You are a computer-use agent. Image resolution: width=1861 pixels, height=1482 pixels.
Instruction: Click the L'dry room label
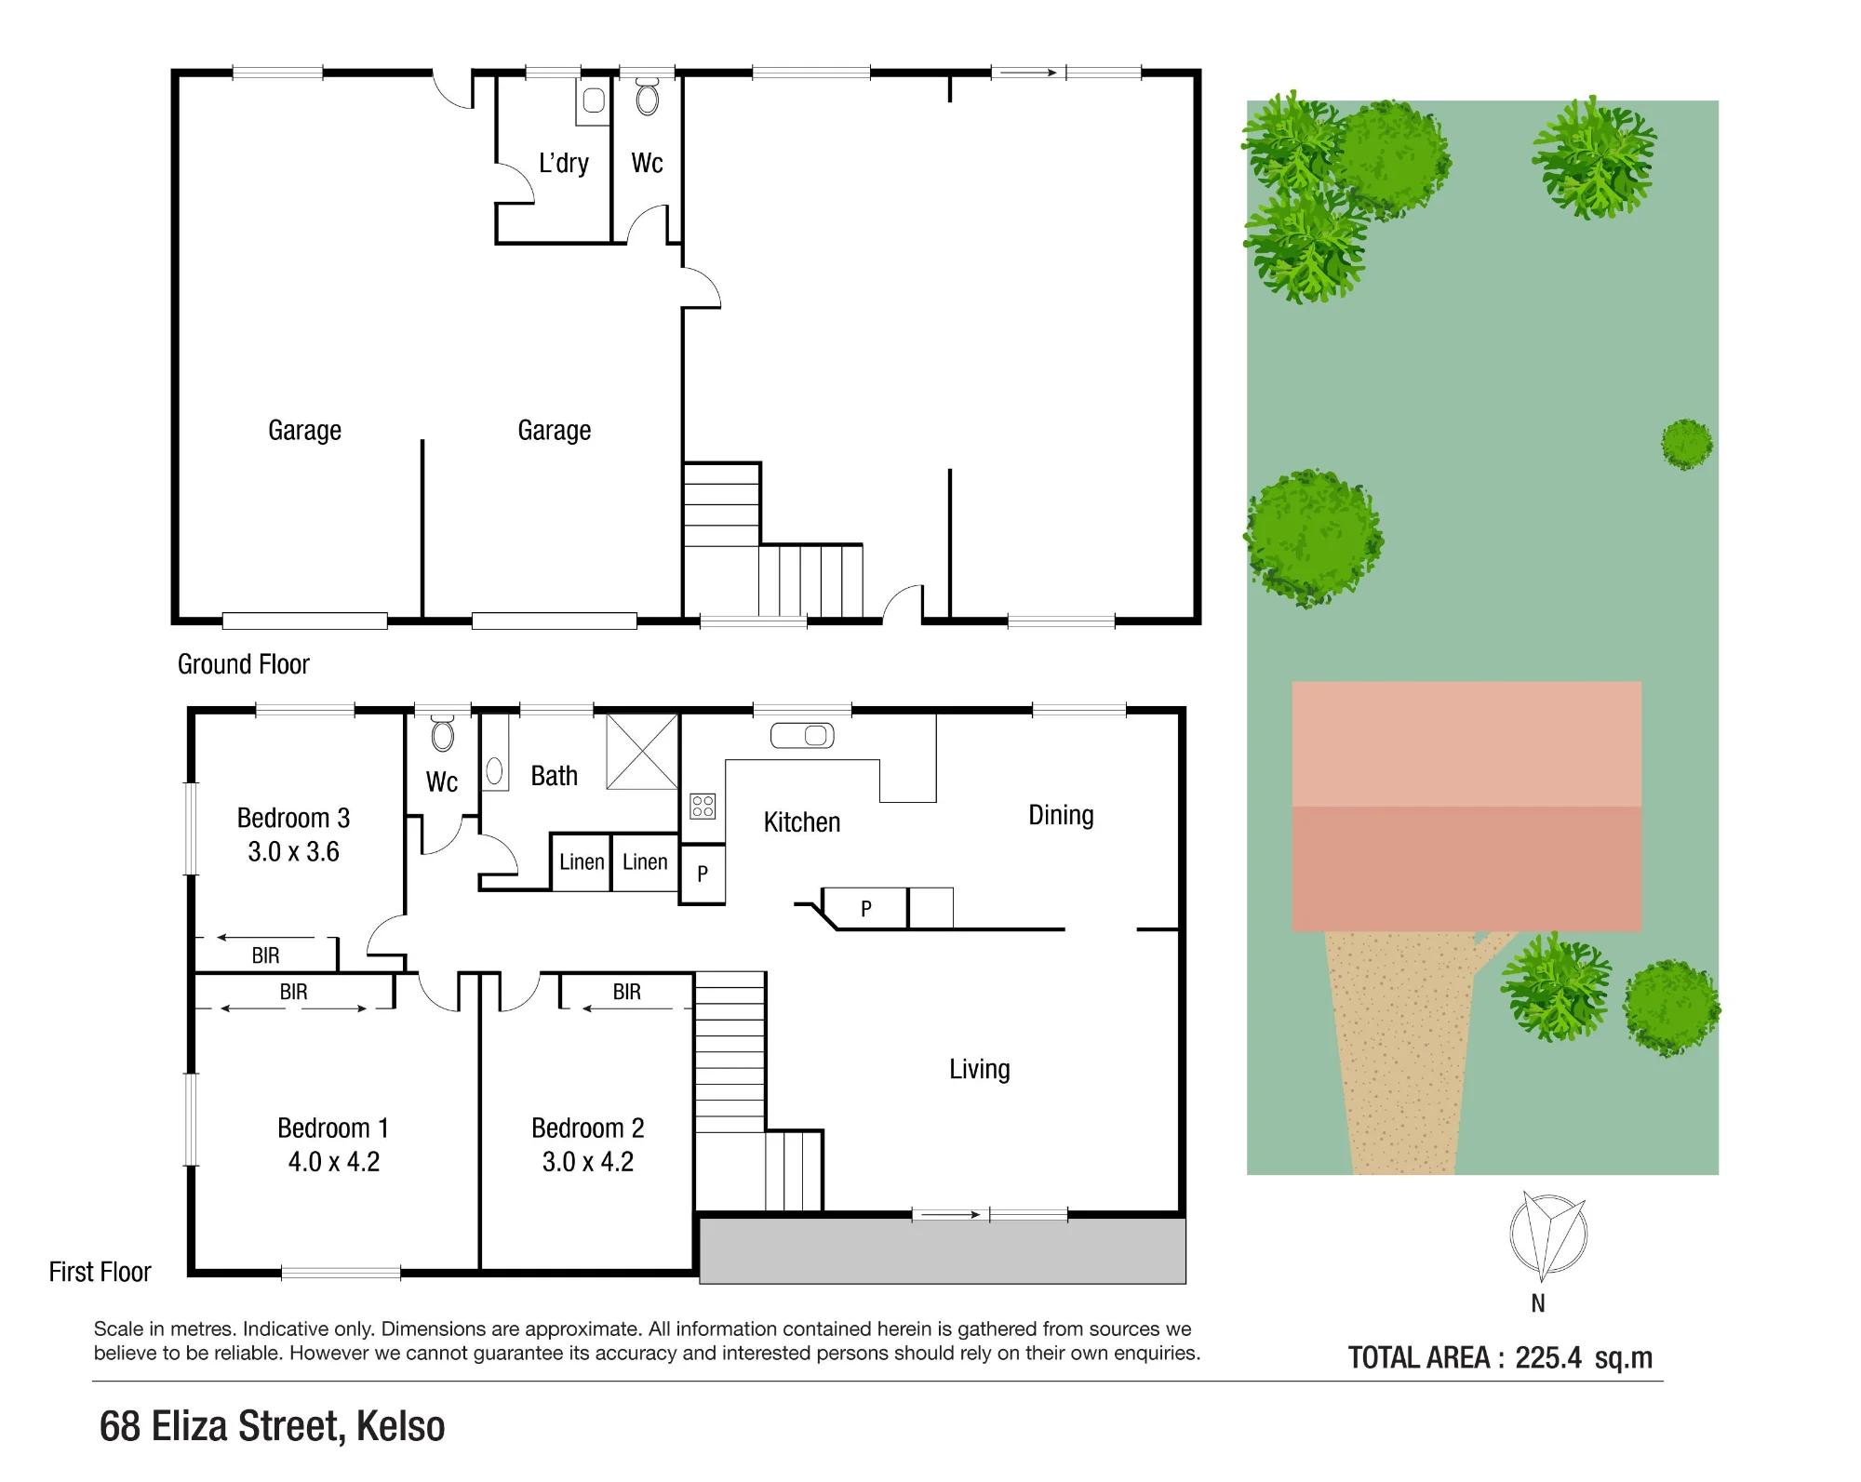coord(564,164)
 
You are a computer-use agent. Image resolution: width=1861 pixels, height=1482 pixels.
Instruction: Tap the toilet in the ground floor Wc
coord(648,97)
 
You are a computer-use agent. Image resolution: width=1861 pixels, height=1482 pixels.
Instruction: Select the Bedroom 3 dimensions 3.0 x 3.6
coord(293,851)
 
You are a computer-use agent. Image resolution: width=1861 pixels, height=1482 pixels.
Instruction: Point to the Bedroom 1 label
coord(333,1128)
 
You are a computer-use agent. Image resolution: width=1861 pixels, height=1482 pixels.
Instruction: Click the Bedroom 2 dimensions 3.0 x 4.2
coord(588,1162)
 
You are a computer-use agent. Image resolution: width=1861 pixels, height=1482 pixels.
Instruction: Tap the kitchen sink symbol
coord(802,736)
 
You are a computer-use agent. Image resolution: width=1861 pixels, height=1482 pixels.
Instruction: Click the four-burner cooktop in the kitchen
coord(703,806)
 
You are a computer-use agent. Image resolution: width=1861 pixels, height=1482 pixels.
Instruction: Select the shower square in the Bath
coord(642,752)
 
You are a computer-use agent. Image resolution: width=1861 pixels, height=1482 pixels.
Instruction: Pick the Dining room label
coord(1061,816)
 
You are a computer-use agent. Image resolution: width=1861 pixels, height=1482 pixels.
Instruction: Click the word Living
coord(980,1070)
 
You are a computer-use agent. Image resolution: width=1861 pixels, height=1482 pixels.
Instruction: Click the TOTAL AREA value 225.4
coord(1548,1357)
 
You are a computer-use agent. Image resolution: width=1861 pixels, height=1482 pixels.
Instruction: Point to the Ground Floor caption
coord(244,664)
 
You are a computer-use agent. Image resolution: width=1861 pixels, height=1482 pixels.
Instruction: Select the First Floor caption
coord(100,1272)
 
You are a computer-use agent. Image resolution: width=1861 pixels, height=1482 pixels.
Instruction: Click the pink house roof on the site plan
coord(1466,806)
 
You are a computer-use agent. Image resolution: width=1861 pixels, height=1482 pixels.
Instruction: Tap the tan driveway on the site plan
coord(1400,1051)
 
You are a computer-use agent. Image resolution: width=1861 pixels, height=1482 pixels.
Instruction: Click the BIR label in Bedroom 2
coord(627,992)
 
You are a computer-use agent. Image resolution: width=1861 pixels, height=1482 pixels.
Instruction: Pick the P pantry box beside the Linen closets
coord(703,874)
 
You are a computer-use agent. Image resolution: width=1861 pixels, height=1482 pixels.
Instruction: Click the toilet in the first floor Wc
coord(443,733)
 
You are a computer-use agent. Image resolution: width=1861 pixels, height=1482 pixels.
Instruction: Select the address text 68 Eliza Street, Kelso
coord(272,1426)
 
